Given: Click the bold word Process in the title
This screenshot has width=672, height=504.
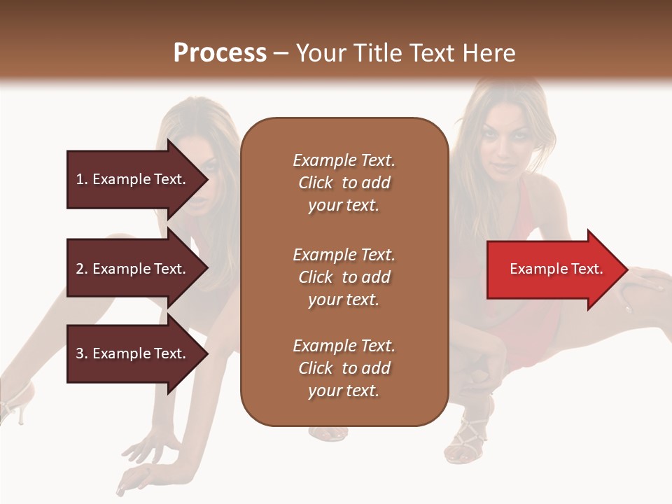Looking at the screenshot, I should (220, 53).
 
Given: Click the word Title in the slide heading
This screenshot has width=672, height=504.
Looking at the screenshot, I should (378, 53).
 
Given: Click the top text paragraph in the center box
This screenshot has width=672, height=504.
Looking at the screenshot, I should (344, 183).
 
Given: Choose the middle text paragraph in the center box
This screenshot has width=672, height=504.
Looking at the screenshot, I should (344, 277).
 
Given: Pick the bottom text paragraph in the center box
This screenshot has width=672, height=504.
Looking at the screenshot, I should (344, 368).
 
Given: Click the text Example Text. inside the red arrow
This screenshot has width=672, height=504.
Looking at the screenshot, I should (556, 269).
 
